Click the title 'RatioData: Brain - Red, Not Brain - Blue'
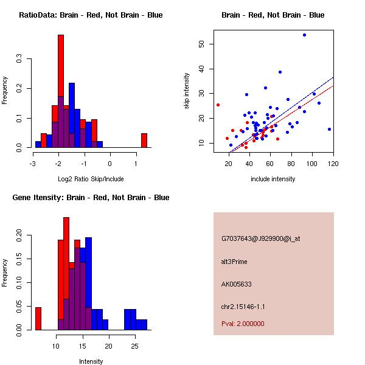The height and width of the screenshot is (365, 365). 91,15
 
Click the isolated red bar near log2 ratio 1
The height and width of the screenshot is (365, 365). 144,141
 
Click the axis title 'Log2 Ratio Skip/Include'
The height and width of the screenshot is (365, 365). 91,179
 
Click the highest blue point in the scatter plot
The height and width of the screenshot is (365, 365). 304,35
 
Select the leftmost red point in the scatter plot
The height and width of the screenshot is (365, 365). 218,105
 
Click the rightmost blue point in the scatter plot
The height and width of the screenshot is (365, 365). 329,129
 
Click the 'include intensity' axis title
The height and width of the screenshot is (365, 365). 273,179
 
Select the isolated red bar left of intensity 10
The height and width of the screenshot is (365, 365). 38,318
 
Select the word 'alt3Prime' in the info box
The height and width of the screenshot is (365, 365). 234,262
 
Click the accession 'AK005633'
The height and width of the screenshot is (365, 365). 237,284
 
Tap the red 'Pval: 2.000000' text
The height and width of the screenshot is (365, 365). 243,324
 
